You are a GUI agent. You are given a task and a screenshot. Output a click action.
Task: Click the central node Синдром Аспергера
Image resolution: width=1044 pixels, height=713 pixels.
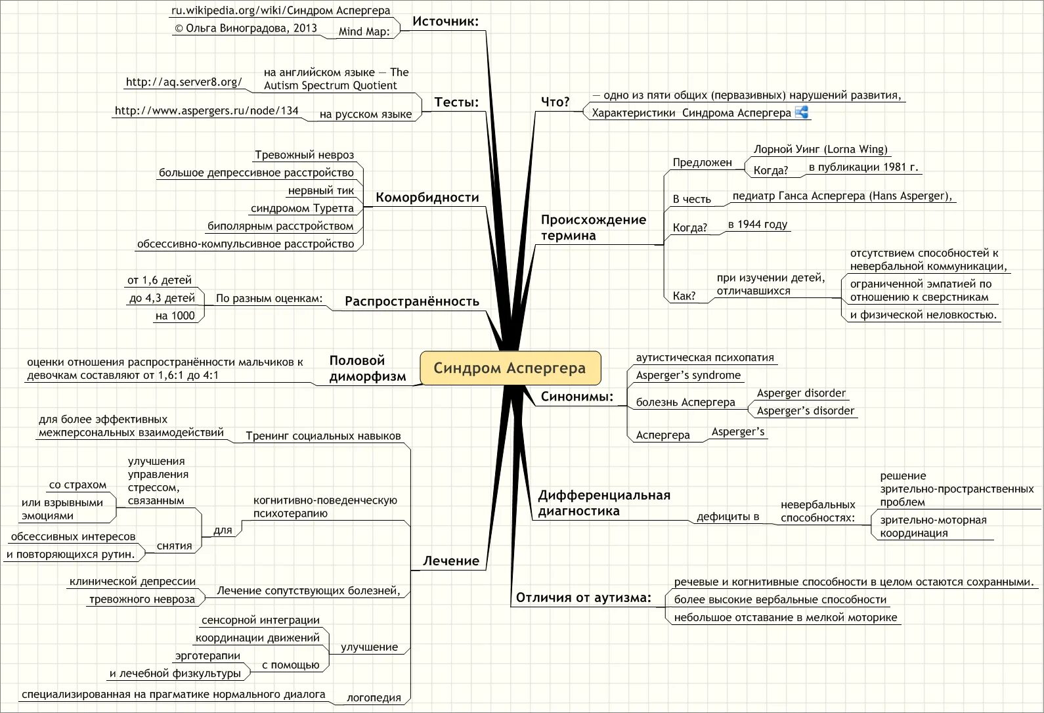pos(510,368)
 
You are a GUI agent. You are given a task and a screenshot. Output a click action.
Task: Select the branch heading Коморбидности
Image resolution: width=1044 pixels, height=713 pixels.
pos(427,198)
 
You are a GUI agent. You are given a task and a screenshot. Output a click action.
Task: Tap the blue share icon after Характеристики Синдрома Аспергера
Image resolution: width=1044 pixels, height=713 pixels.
pos(801,112)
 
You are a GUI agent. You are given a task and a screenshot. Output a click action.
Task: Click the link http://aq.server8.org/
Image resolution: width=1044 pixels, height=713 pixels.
pos(184,82)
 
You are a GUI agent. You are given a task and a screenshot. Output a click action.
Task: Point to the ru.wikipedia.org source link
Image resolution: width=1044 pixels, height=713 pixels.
pos(280,11)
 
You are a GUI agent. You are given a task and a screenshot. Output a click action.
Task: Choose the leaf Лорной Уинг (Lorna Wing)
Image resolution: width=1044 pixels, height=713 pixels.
pos(820,149)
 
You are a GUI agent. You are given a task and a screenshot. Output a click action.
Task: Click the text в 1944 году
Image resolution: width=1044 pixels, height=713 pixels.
pos(757,225)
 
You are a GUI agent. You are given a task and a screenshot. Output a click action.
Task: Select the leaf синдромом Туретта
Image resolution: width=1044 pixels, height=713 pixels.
pos(302,209)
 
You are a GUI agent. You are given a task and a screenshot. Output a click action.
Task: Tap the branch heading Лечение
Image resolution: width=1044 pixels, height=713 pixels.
pos(450,561)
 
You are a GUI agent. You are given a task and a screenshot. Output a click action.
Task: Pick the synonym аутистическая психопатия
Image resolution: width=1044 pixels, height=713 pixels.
pos(705,358)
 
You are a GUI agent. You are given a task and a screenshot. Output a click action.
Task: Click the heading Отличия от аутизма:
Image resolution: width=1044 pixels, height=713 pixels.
pos(583,597)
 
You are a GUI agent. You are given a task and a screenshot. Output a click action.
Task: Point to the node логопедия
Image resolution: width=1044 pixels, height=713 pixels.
pos(374,698)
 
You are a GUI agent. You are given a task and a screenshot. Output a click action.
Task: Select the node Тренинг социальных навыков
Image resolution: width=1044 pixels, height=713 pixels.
pos(323,436)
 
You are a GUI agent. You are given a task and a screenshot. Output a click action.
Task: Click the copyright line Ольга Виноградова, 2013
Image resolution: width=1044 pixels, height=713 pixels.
pos(246,28)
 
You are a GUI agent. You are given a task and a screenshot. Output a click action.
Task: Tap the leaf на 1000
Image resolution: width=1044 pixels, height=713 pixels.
pos(175,316)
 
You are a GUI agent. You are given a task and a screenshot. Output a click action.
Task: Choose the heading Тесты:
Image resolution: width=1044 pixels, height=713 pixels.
pos(456,102)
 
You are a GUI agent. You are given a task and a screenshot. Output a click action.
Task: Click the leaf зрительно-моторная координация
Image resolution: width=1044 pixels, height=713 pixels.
pos(932,527)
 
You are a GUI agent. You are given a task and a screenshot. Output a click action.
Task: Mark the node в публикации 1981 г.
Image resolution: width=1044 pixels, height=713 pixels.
pos(863,167)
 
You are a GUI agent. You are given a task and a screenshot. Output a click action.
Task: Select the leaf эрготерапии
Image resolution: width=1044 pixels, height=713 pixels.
pos(207,656)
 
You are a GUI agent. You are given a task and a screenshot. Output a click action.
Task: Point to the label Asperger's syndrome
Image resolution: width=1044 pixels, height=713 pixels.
pos(688,376)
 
